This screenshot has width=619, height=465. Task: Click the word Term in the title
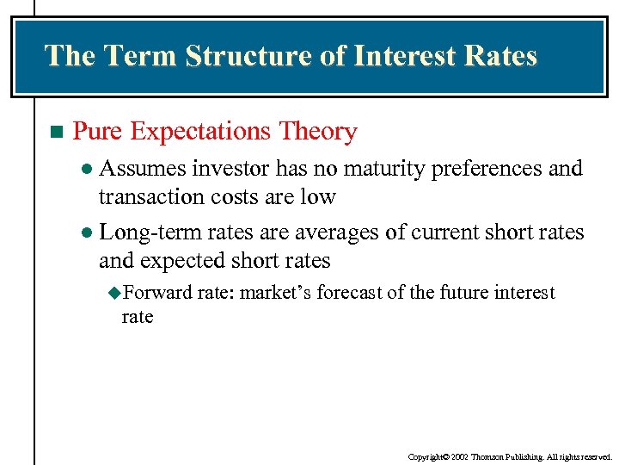tap(141, 56)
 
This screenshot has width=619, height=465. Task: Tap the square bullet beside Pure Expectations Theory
tap(56, 133)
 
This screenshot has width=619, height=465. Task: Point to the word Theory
tap(318, 132)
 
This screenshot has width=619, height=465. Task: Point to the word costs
tap(231, 197)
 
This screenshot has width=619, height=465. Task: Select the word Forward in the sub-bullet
tap(158, 294)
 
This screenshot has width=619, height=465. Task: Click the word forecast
tap(348, 294)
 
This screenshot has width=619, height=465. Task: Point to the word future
tap(461, 294)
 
